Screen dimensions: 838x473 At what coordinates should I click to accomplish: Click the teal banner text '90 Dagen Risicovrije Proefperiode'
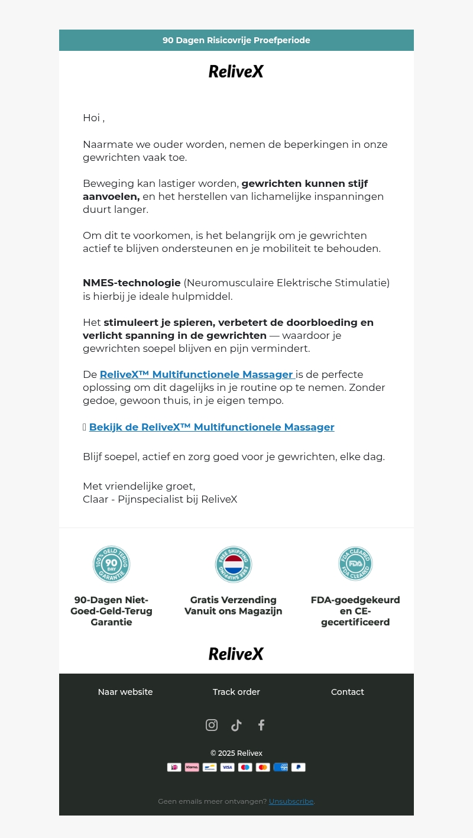coord(237,40)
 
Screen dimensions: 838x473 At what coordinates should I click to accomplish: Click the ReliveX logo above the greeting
coord(236,72)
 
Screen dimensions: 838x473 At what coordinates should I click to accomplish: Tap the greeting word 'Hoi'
coord(91,118)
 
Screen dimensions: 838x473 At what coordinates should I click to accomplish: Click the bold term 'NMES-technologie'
coord(131,283)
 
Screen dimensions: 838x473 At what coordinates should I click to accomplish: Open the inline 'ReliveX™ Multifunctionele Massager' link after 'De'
coord(196,374)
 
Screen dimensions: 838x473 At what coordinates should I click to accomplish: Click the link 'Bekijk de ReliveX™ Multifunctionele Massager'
coord(212,427)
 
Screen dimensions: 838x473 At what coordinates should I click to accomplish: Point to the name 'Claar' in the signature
coord(95,499)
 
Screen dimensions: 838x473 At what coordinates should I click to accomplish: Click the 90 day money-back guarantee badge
coord(111,564)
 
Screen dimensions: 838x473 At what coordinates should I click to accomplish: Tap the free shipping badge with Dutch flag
coord(234,564)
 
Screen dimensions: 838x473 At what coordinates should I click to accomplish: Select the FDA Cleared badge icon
coord(355,564)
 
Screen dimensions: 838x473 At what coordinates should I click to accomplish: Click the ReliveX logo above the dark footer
coord(236,653)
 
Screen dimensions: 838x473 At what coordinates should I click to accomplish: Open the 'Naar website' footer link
coord(125,692)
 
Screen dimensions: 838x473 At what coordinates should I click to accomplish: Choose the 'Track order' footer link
coord(237,692)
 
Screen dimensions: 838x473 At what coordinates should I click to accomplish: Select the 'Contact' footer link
coord(348,692)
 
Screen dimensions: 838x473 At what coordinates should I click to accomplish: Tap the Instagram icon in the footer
coord(212,725)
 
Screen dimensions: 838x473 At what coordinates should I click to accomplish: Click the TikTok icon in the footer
coord(237,725)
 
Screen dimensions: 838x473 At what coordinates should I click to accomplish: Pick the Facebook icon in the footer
coord(261,725)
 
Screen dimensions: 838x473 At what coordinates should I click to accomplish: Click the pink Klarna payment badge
coord(192,767)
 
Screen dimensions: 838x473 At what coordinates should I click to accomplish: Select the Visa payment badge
coord(228,767)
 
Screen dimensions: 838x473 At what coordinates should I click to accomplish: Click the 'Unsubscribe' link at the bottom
coord(291,801)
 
